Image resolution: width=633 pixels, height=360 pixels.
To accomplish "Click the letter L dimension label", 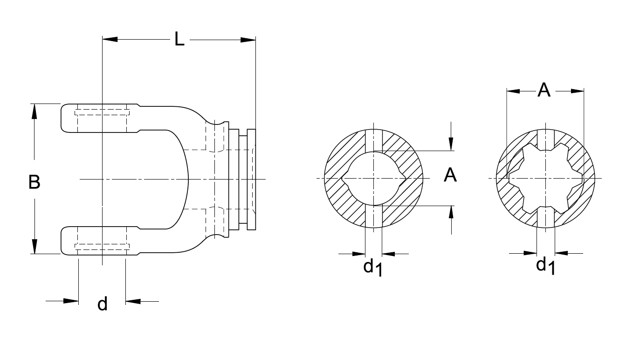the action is [x=179, y=39].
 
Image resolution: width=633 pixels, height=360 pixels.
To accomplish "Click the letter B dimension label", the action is [x=34, y=182].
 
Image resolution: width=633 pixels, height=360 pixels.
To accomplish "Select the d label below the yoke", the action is [x=102, y=304].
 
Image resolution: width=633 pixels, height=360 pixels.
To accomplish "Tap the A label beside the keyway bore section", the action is [x=450, y=175].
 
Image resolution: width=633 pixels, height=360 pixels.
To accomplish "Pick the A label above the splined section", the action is [x=544, y=90].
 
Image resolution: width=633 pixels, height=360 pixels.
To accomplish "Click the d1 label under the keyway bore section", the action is [x=373, y=268].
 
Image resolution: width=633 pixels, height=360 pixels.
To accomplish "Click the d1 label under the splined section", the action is [x=546, y=266].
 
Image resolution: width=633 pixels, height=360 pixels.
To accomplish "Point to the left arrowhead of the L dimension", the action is [x=110, y=39].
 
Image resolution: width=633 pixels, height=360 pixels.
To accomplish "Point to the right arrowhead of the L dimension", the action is [x=248, y=40].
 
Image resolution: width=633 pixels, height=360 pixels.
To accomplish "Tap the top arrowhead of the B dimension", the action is [x=34, y=111].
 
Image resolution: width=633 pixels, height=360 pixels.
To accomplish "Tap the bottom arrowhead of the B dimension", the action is [x=34, y=246].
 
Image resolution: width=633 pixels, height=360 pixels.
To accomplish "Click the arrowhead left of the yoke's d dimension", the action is [x=71, y=301].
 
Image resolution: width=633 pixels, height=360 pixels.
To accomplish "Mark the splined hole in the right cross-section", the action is [x=545, y=178].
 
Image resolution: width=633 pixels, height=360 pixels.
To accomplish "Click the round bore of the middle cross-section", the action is [x=374, y=178].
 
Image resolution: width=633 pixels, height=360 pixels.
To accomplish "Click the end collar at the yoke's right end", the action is [x=252, y=180].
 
